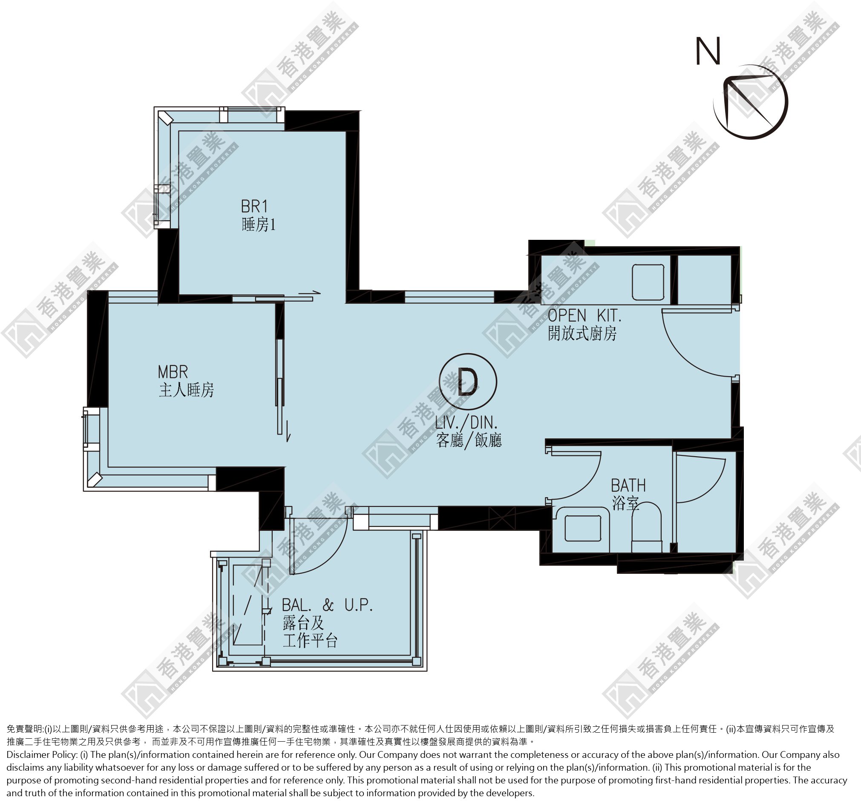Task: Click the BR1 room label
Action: [x=255, y=206]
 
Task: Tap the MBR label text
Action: [x=173, y=372]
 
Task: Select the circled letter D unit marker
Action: [x=468, y=382]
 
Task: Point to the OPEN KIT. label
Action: [x=584, y=315]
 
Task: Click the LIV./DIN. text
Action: [x=466, y=422]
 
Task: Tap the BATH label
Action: [x=628, y=485]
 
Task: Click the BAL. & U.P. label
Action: [x=327, y=605]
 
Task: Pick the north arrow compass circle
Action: [x=751, y=102]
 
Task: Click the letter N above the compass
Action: [x=708, y=51]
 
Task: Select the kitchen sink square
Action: [x=648, y=282]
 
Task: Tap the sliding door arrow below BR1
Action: [x=310, y=295]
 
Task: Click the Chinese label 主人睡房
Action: [x=186, y=390]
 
